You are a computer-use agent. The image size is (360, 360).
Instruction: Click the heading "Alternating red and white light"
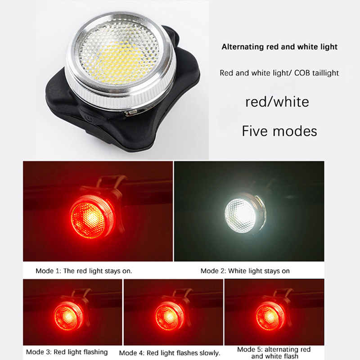pyautogui.click(x=279, y=47)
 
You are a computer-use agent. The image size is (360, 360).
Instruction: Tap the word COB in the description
pyautogui.click(x=304, y=73)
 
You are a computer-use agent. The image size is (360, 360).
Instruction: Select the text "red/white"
pyautogui.click(x=277, y=102)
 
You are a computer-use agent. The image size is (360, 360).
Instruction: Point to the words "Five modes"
pyautogui.click(x=279, y=131)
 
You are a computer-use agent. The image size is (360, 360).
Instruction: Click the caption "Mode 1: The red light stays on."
pyautogui.click(x=84, y=271)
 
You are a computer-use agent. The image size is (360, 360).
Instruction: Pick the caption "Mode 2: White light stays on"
pyautogui.click(x=245, y=271)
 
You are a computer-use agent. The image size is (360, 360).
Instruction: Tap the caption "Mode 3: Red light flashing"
pyautogui.click(x=67, y=352)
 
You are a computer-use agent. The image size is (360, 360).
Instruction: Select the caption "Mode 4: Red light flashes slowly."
pyautogui.click(x=170, y=353)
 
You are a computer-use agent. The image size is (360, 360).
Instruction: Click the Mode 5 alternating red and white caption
pyautogui.click(x=274, y=353)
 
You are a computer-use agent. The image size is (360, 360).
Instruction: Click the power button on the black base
pyautogui.click(x=87, y=118)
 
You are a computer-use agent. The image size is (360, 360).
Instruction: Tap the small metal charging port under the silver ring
pyautogui.click(x=131, y=112)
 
